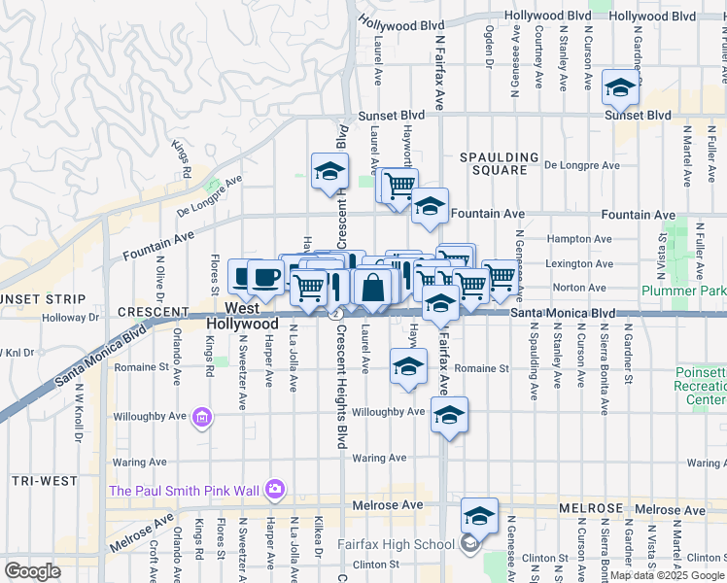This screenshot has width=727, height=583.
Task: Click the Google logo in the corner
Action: coord(32,571)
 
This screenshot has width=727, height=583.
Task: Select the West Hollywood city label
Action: coord(256,316)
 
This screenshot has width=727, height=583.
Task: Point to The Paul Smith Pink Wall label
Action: coord(186,490)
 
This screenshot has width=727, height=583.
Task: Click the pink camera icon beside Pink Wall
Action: coord(275,489)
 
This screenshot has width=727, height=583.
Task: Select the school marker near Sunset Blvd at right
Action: coord(619,87)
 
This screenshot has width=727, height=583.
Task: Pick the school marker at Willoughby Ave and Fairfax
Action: coord(448,414)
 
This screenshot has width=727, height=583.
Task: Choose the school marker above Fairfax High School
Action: coord(479,515)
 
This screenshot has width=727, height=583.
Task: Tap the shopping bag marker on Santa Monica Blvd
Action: coord(372,287)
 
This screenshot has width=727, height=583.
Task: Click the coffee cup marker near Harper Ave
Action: coord(265,277)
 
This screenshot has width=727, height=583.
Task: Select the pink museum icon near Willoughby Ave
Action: coord(202,419)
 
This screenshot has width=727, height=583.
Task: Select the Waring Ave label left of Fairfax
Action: coord(379,458)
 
